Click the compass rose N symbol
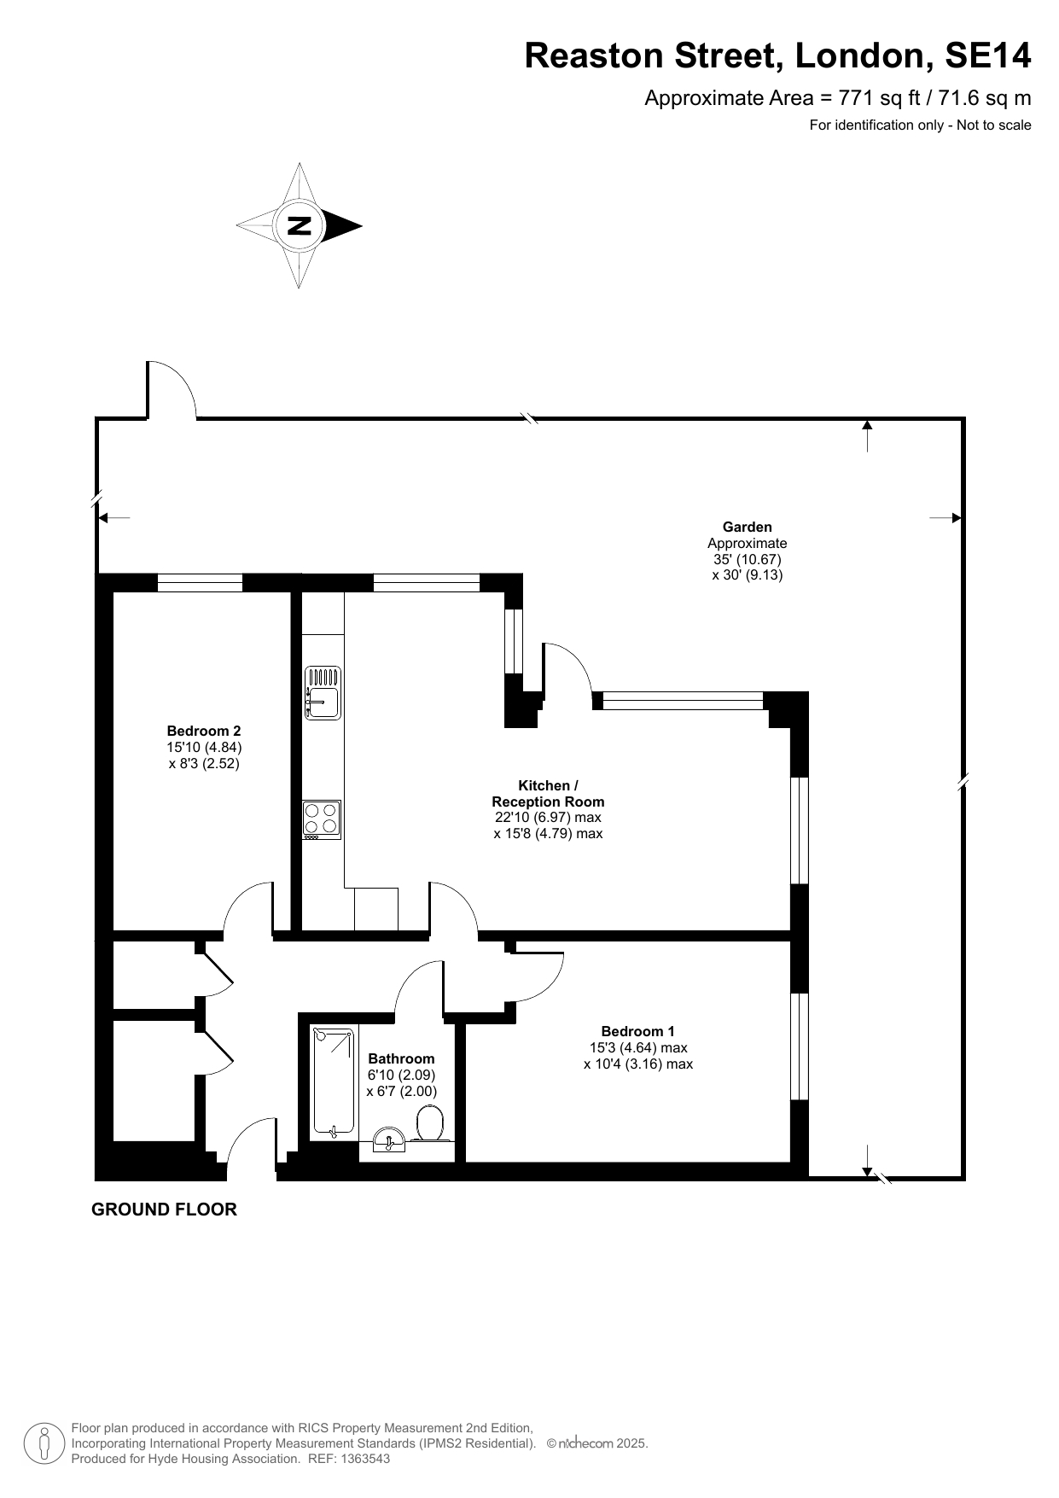(x=300, y=225)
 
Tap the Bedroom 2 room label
(x=204, y=731)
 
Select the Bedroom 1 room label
(x=637, y=1031)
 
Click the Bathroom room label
(x=401, y=1058)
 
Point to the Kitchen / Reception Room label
(x=548, y=794)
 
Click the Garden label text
(x=748, y=528)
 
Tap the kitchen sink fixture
(x=323, y=692)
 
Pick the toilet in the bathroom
(x=429, y=1123)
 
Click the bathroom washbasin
(x=391, y=1139)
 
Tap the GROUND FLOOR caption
(x=164, y=1209)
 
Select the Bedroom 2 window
(x=201, y=583)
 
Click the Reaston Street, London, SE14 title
(x=777, y=55)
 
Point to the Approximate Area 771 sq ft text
(x=838, y=98)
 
